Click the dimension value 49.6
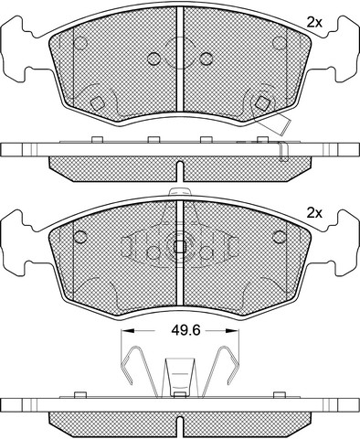coord(185,330)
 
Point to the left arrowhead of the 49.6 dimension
coord(128,330)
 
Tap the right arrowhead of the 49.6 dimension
coord(232,330)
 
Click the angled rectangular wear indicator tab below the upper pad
coord(276,124)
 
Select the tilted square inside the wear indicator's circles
coord(261,103)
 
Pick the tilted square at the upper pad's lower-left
coord(98,103)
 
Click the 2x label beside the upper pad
coord(314,22)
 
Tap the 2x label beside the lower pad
coord(314,213)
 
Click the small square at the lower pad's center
coord(180,247)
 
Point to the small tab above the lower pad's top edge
coord(180,192)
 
